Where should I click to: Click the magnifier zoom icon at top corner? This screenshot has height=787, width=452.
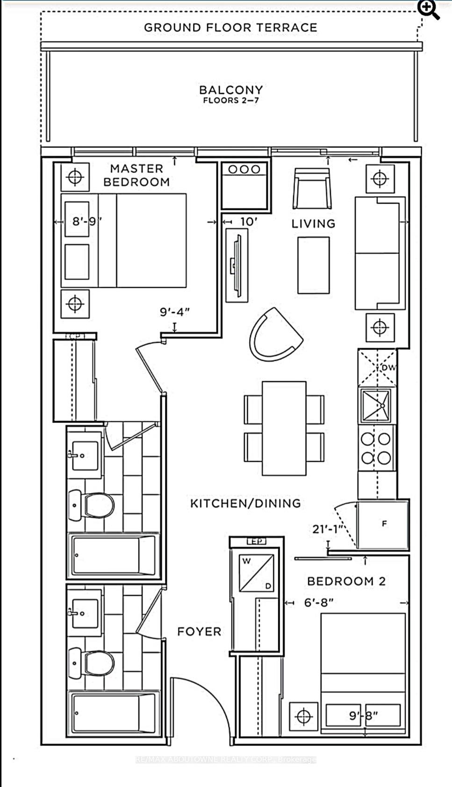pos(428,9)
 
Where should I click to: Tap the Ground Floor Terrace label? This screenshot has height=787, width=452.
pos(230,28)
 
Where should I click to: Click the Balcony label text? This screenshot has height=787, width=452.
pos(231,90)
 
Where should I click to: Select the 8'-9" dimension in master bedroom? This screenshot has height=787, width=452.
pos(86,221)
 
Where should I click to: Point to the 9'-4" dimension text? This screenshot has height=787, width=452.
pos(175,311)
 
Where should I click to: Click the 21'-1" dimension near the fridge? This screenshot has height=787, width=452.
pos(328,529)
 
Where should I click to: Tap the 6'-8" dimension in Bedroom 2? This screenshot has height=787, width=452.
pos(319,602)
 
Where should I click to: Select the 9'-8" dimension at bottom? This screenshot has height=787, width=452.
pos(364,715)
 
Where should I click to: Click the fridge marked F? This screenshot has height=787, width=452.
pos(383,524)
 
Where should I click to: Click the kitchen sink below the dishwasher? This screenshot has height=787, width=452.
pos(375,405)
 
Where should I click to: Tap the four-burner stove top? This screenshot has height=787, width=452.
pos(376,448)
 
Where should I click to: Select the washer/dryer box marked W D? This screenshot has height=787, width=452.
pos(256,573)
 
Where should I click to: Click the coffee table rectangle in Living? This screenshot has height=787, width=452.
pos(313,265)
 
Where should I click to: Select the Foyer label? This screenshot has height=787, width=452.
pos(199,632)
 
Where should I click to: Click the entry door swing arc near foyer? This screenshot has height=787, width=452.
pos(206,692)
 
